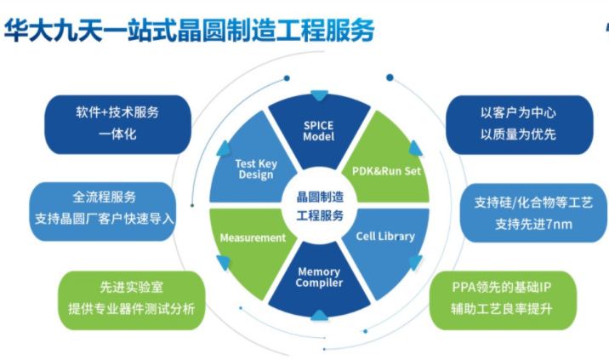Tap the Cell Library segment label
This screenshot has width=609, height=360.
pyautogui.click(x=384, y=236)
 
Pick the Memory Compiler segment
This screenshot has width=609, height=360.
pyautogui.click(x=319, y=277)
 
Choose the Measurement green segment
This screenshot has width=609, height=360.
pyautogui.click(x=252, y=237)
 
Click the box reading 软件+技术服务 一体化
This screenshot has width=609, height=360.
pyautogui.click(x=117, y=123)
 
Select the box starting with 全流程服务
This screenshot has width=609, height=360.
pyautogui.click(x=105, y=208)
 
